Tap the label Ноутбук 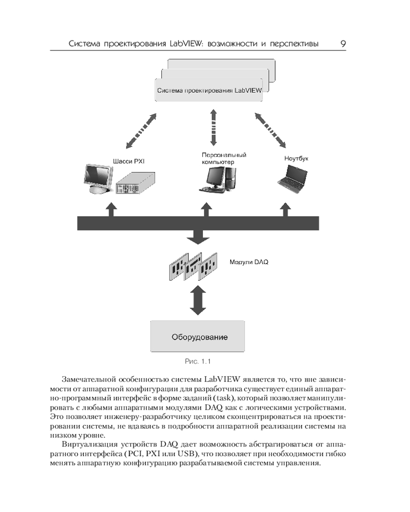[296, 159]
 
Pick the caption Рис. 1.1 [198, 362]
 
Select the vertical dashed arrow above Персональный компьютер [211, 127]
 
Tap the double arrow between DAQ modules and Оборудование [197, 301]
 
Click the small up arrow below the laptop [285, 210]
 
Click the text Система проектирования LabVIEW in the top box [209, 91]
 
